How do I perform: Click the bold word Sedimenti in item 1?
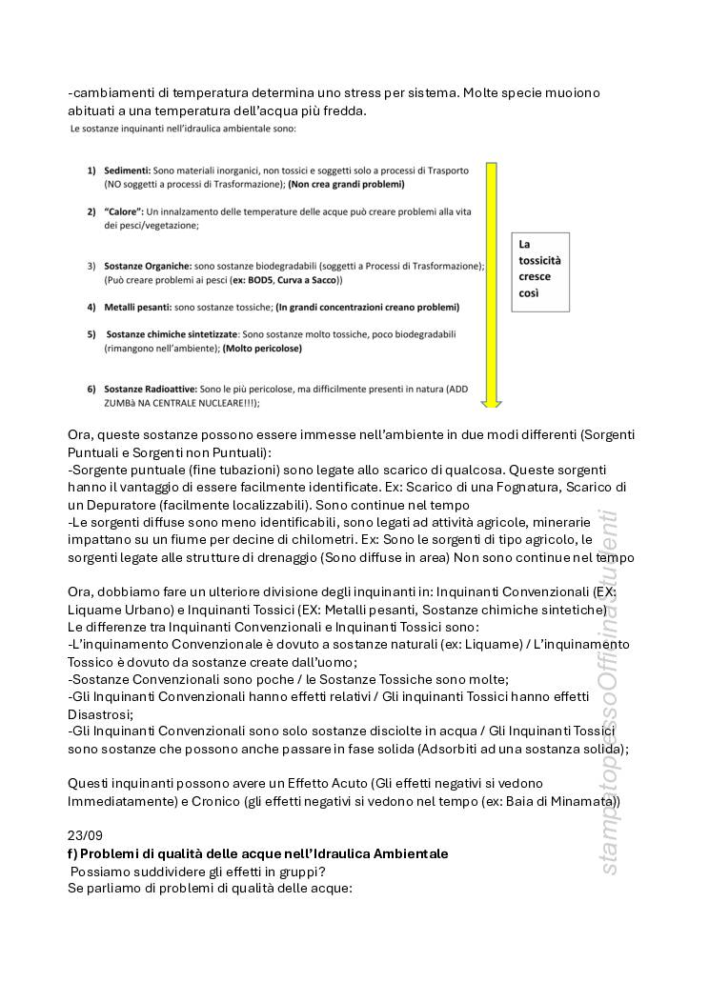[127, 170]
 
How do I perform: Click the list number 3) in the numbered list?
[91, 266]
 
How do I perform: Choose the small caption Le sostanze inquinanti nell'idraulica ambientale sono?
[183, 128]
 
